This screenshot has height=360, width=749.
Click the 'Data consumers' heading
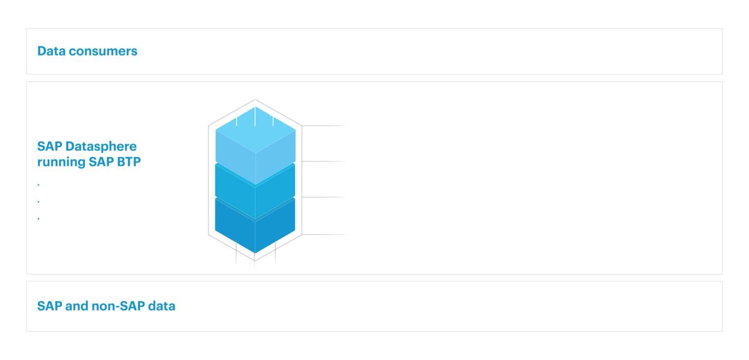pos(87,51)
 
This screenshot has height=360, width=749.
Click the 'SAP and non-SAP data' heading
pos(106,306)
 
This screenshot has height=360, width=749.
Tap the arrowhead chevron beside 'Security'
pos(40,185)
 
